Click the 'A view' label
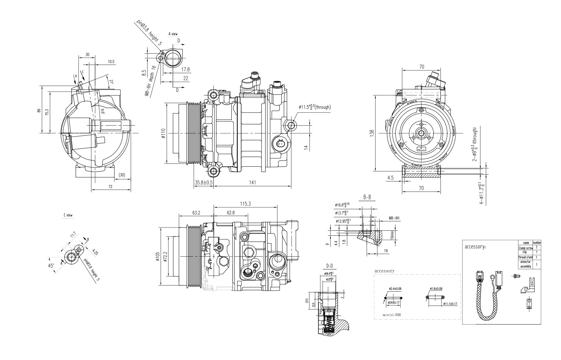click(x=173, y=34)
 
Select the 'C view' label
click(x=68, y=215)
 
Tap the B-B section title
click(x=367, y=197)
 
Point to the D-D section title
click(x=329, y=266)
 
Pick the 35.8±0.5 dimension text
click(x=204, y=183)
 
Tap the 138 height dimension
click(x=372, y=133)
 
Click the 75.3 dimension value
click(x=47, y=112)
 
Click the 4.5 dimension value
click(x=390, y=177)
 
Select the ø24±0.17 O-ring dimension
click(x=394, y=303)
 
